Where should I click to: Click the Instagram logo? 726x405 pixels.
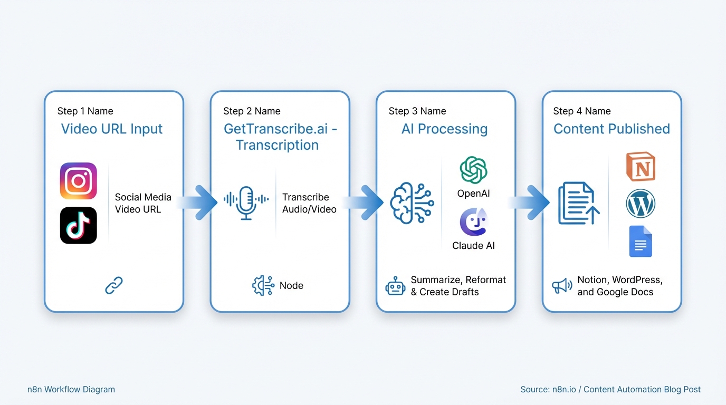tap(79, 181)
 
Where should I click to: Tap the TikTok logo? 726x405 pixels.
tap(79, 226)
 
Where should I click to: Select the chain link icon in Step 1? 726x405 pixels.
tap(114, 285)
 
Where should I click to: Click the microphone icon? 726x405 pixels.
tap(246, 203)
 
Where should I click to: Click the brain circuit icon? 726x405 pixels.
tap(412, 203)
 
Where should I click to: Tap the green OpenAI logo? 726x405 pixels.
tap(473, 170)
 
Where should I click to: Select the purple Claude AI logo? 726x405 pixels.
tap(473, 222)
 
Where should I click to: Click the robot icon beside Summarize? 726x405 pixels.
tap(395, 286)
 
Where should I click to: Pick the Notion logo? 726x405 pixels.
tap(641, 167)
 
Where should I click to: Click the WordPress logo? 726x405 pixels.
tap(641, 204)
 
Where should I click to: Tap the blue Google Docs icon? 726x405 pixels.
tap(641, 242)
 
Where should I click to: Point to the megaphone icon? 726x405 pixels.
tap(562, 286)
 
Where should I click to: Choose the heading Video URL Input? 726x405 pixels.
tap(112, 129)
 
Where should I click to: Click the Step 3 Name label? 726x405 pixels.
tap(417, 111)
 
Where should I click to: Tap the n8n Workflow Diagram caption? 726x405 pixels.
tap(71, 390)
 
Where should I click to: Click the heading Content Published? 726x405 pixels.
tap(612, 129)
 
